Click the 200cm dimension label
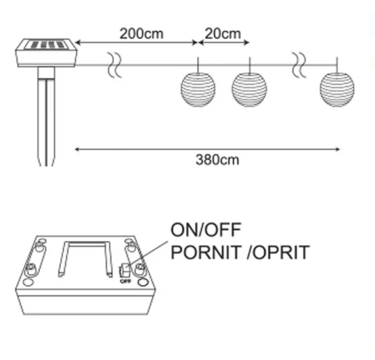pos(141,34)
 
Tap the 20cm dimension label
pos(223,34)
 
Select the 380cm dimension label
pos(217,159)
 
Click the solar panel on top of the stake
pos(46,53)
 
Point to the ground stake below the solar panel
pos(46,116)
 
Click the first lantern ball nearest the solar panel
pos(198,89)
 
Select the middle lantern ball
pos(249,89)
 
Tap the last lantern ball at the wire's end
pos(337,89)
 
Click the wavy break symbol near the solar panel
pos(115,65)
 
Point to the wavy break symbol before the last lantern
pos(298,65)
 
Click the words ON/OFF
pos(205,230)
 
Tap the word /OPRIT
pos(278,252)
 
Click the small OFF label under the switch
pos(125,281)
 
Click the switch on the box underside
pos(124,271)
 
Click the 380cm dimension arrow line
pos(207,149)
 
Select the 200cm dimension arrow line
pos(136,42)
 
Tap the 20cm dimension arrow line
pos(224,42)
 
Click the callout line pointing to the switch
pos(148,254)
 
